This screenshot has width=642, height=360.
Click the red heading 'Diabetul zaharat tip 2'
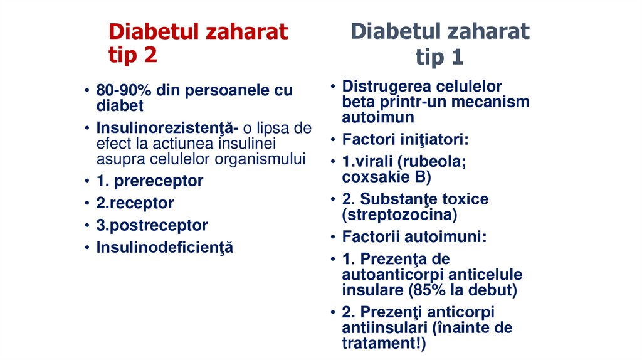pyautogui.click(x=197, y=43)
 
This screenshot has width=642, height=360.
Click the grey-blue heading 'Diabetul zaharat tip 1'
pyautogui.click(x=439, y=44)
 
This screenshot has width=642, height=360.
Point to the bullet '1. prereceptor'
pyautogui.click(x=149, y=181)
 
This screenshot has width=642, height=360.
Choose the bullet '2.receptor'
pyautogui.click(x=135, y=203)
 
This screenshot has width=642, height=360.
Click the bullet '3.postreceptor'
pyautogui.click(x=152, y=225)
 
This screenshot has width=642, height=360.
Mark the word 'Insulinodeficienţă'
pyautogui.click(x=164, y=247)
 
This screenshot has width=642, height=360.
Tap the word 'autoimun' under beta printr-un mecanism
pyautogui.click(x=378, y=117)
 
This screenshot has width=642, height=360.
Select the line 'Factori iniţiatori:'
pyautogui.click(x=405, y=139)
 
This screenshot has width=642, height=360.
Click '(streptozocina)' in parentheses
pyautogui.click(x=399, y=215)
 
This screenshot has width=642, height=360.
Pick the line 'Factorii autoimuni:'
pyautogui.click(x=414, y=237)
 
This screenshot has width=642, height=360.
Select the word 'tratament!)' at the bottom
pyautogui.click(x=384, y=343)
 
